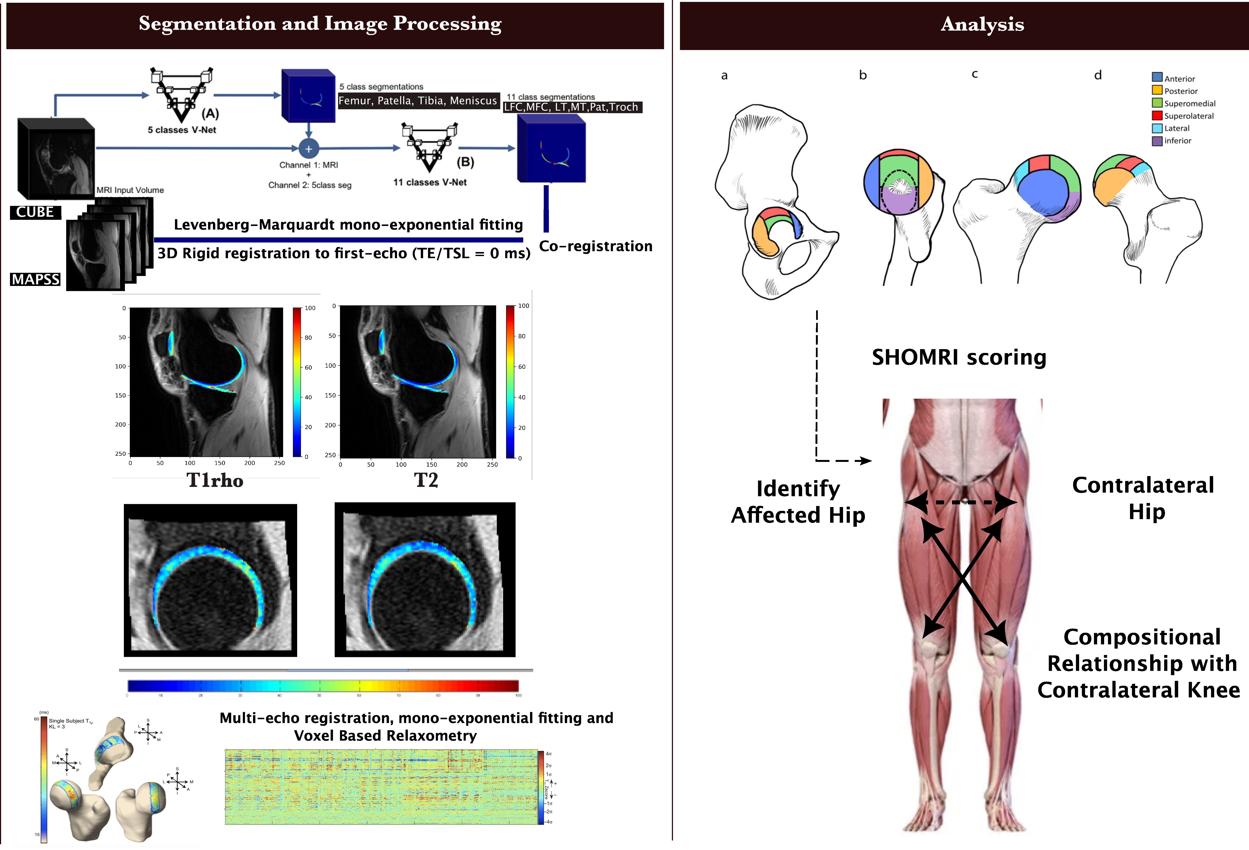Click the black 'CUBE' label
tap(35, 212)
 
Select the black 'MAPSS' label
tap(35, 279)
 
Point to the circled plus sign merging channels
tap(309, 149)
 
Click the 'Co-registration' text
tap(596, 246)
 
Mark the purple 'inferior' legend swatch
tap(1157, 141)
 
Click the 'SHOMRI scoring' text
tap(959, 357)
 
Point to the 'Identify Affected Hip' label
tap(798, 502)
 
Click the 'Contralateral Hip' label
tap(1143, 498)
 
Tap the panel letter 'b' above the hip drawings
tap(863, 75)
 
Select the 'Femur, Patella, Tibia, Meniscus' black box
tap(418, 100)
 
